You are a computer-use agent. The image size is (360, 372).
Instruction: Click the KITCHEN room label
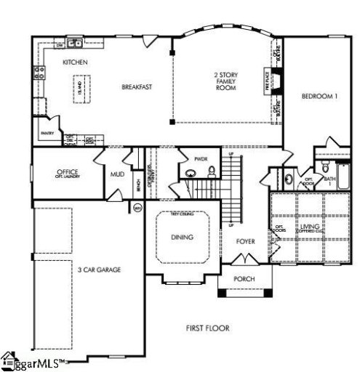tap(75, 63)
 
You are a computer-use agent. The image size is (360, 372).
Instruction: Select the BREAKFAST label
tap(136, 87)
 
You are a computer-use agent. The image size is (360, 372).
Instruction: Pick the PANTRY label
tap(48, 133)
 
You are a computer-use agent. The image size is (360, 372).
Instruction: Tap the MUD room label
tap(116, 174)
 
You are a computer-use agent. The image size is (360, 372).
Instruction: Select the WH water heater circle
tap(137, 209)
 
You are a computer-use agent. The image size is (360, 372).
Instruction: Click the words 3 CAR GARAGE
tap(99, 270)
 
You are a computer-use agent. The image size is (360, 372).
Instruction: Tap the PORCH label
tap(243, 279)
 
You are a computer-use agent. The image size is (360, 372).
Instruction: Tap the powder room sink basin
tap(190, 174)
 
